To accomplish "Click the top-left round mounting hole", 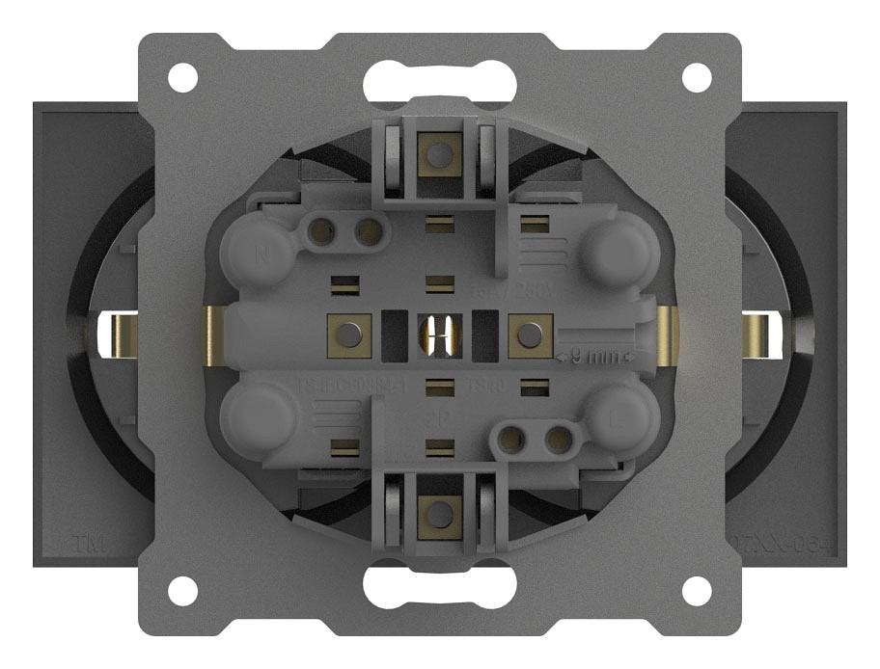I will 182,77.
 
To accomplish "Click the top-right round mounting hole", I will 697,77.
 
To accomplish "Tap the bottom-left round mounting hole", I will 182,589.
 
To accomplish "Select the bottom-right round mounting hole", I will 697,589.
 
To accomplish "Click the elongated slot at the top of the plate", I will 439,78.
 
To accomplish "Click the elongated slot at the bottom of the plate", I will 439,587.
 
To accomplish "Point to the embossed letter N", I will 261,256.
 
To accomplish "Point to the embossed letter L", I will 619,420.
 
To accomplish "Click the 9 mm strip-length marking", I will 591,356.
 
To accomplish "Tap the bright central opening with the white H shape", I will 440,334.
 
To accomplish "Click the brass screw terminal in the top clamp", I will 440,152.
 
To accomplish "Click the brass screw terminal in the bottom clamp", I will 440,511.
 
